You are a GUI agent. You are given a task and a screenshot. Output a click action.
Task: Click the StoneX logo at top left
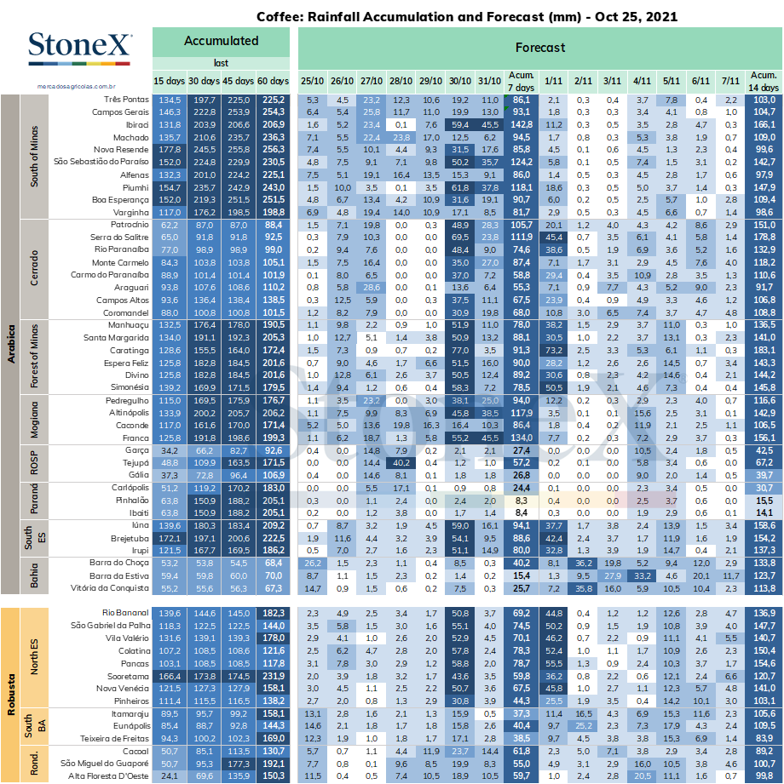point(80,48)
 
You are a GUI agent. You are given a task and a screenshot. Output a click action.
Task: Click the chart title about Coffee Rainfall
point(467,17)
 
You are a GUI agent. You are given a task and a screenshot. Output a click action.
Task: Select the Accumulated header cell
point(221,42)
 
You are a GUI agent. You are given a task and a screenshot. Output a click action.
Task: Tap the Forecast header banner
point(540,48)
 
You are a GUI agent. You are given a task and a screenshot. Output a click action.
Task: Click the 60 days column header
point(273,81)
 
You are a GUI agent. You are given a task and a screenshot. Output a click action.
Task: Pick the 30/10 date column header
point(459,81)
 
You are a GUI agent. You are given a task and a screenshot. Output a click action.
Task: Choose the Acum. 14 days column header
point(764,81)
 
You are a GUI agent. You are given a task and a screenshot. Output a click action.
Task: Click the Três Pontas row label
point(126,100)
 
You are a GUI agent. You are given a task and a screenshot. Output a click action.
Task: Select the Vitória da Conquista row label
point(110,588)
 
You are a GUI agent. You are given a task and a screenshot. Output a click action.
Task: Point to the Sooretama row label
point(128,676)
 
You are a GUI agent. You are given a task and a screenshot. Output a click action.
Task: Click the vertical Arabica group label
point(10,344)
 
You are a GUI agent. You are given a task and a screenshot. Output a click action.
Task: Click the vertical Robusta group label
point(10,695)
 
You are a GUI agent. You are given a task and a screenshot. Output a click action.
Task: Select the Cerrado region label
point(34,268)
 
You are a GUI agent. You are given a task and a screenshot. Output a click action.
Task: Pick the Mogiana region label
point(34,420)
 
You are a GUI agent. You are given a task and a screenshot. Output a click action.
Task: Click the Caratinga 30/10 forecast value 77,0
point(459,351)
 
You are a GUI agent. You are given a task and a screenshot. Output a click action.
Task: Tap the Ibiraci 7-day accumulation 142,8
point(522,124)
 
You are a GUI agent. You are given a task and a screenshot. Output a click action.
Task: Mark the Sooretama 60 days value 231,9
point(274,676)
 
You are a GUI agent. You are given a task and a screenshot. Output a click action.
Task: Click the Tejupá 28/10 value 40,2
point(401,463)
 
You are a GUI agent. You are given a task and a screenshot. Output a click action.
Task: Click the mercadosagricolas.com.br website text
point(76,87)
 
